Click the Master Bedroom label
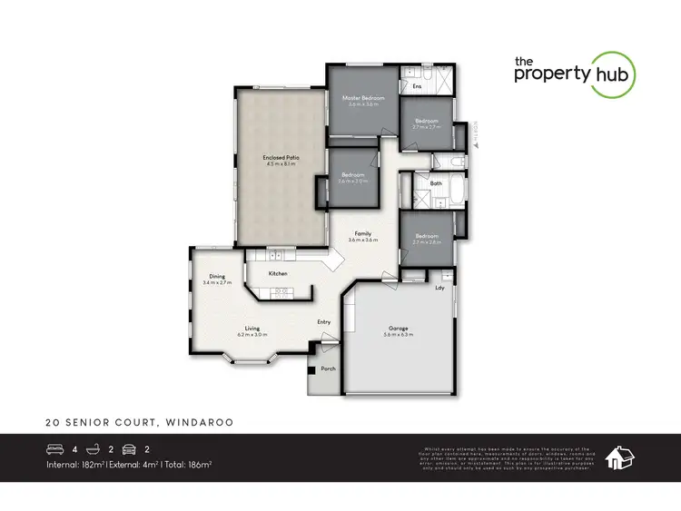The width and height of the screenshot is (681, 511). pyautogui.click(x=362, y=97)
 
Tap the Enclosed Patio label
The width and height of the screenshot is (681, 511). pyautogui.click(x=281, y=158)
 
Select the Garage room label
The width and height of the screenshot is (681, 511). pyautogui.click(x=399, y=329)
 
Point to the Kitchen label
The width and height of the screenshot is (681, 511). pyautogui.click(x=278, y=273)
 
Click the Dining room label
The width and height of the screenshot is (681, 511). pyautogui.click(x=217, y=277)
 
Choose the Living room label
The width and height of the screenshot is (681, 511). pyautogui.click(x=252, y=329)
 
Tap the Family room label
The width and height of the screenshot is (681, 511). pyautogui.click(x=363, y=233)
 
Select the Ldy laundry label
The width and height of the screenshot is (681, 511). pyautogui.click(x=439, y=289)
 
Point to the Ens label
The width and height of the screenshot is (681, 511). pyautogui.click(x=417, y=87)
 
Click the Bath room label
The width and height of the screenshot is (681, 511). pyautogui.click(x=436, y=183)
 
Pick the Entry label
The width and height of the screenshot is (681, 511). pyautogui.click(x=324, y=321)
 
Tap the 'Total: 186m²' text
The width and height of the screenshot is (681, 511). pyautogui.click(x=188, y=465)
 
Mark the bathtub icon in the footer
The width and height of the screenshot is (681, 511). pyautogui.click(x=93, y=448)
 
